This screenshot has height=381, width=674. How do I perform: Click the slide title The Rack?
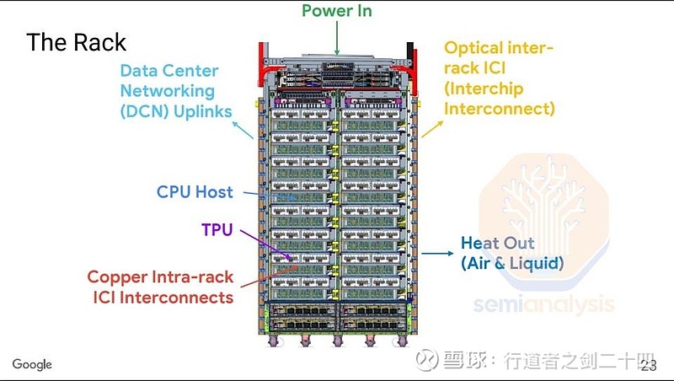click(x=76, y=42)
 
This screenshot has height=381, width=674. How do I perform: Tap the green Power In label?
click(x=337, y=11)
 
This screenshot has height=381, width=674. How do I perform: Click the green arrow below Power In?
click(x=337, y=37)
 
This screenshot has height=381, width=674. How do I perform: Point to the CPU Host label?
click(x=195, y=191)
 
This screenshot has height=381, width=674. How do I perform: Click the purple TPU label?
click(x=217, y=230)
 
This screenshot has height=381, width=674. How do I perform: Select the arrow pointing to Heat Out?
click(x=437, y=253)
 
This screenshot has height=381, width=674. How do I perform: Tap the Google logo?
click(x=32, y=364)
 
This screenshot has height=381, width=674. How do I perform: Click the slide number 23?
click(x=648, y=365)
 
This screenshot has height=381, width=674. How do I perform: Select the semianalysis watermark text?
click(x=543, y=303)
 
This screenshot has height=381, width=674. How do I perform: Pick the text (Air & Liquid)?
click(x=511, y=263)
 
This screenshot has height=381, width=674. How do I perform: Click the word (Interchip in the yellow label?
click(x=484, y=89)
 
